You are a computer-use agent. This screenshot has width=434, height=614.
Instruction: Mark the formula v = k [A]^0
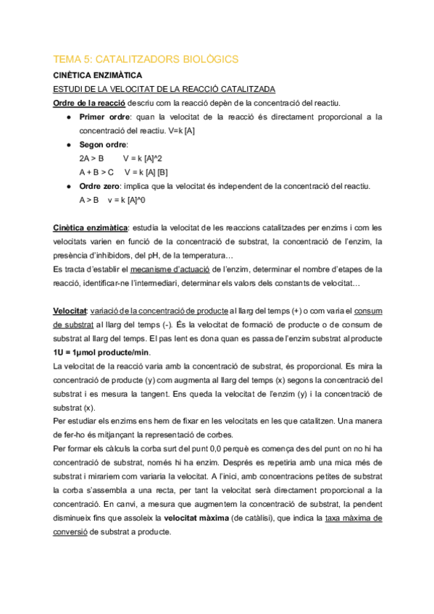(127, 200)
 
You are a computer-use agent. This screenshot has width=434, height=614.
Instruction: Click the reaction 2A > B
(91, 158)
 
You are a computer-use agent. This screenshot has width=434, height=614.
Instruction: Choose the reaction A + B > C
(96, 172)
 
